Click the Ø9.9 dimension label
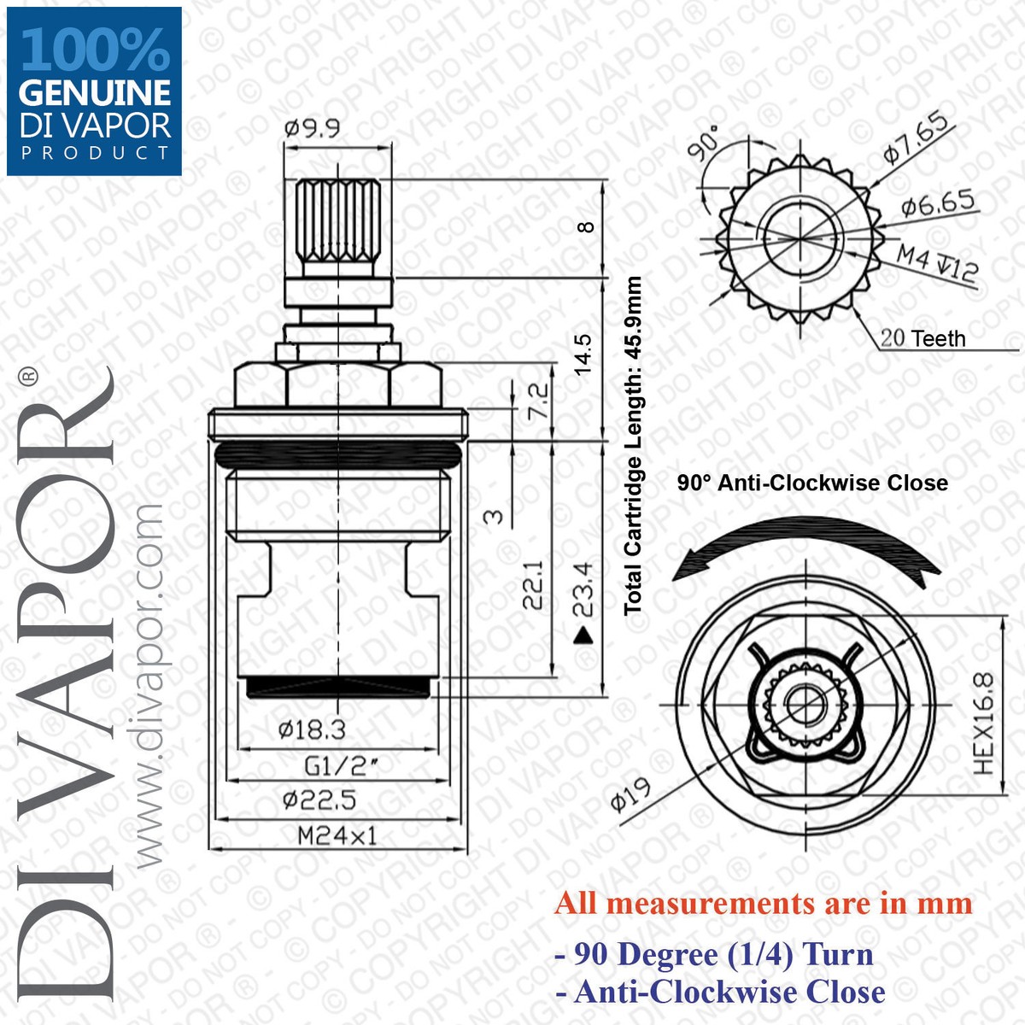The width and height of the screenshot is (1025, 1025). click(313, 128)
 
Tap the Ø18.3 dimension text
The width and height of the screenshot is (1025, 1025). click(312, 729)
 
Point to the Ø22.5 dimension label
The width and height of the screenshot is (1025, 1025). click(319, 800)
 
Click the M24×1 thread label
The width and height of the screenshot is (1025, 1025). click(337, 837)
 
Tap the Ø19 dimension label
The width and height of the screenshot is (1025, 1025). click(631, 795)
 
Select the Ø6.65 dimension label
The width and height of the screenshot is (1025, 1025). click(938, 202)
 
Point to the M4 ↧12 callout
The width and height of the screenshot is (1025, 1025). click(937, 264)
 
